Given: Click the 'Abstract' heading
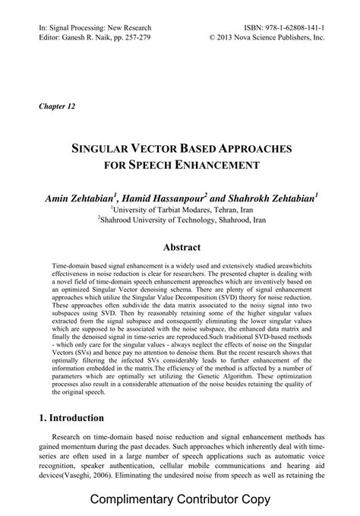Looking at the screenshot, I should pos(179,247).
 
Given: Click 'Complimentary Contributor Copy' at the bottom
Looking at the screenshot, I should pos(179,502).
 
